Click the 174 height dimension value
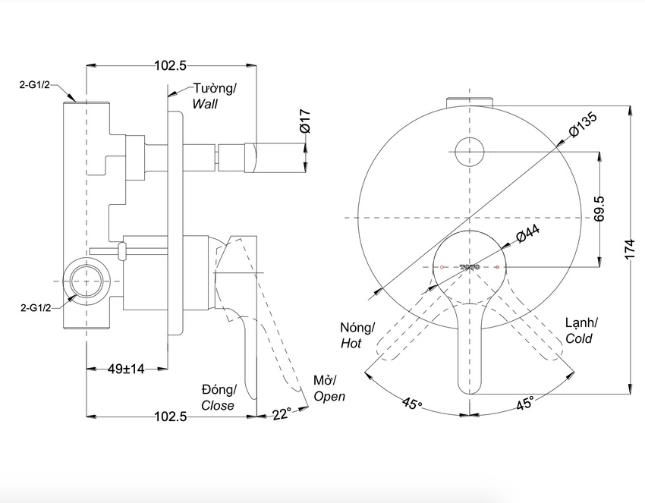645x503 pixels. pyautogui.click(x=628, y=249)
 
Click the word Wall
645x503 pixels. pyautogui.click(x=205, y=104)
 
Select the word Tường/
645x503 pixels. pyautogui.click(x=214, y=89)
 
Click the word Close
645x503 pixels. pyautogui.click(x=218, y=405)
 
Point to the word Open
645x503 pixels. pyautogui.click(x=329, y=396)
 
